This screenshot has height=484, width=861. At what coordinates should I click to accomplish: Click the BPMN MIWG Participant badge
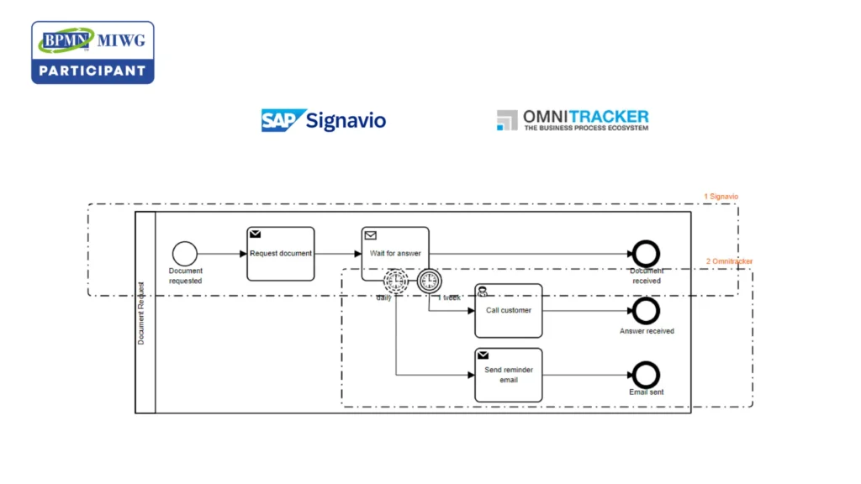[92, 52]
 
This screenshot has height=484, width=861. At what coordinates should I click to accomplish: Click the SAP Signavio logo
[323, 120]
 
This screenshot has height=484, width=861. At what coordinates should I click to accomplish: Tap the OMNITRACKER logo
[573, 120]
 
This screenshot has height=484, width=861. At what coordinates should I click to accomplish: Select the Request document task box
[280, 254]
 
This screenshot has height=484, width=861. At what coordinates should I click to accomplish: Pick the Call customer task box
[509, 310]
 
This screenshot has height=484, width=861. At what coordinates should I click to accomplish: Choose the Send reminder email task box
[509, 375]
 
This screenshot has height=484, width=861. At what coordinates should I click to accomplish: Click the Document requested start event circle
[184, 254]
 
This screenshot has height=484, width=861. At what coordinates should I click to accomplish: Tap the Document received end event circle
[646, 254]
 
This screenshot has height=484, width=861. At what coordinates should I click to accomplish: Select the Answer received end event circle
[646, 310]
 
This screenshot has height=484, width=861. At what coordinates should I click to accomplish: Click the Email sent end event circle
[646, 375]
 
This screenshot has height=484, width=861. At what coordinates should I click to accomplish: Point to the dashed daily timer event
[395, 280]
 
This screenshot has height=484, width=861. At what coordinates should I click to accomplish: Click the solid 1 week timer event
[429, 280]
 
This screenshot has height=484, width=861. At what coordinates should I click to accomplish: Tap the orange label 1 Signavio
[721, 197]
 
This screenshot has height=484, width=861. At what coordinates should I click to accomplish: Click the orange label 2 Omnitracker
[729, 261]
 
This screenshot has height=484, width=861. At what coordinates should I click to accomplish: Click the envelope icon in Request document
[255, 234]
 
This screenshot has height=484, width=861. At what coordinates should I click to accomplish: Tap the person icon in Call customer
[483, 292]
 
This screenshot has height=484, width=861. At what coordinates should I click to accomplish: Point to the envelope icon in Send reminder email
[483, 355]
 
